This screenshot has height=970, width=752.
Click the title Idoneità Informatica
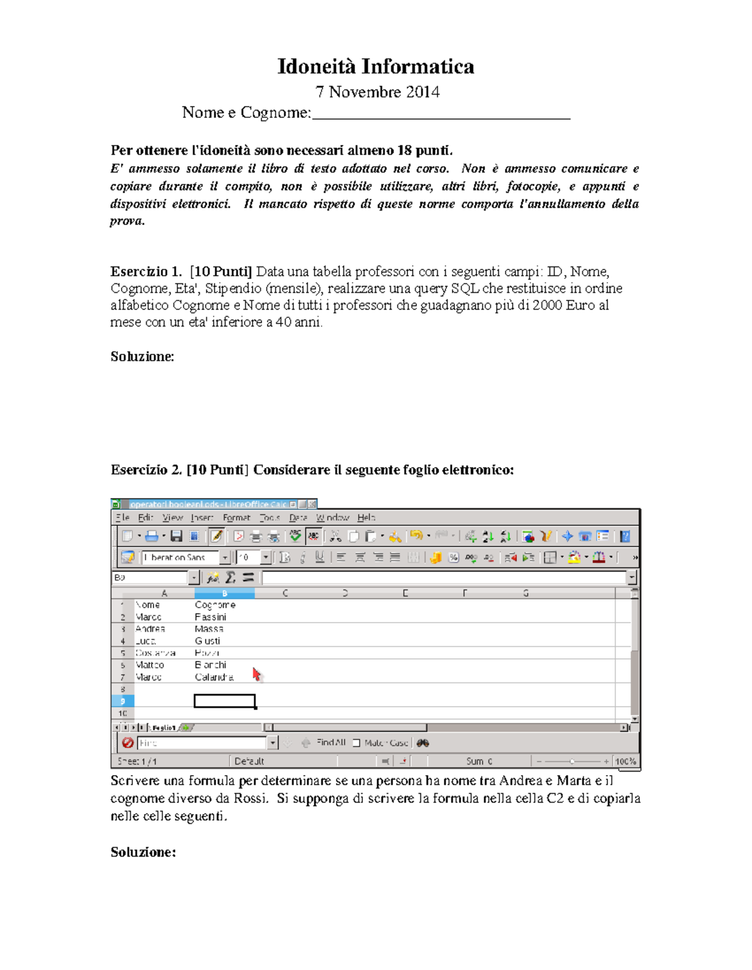point(375,66)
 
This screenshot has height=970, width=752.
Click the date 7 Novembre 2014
point(377,92)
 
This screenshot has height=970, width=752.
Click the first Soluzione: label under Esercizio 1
point(142,356)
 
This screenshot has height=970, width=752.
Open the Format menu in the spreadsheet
point(236,517)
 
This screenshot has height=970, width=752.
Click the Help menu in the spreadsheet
point(366,517)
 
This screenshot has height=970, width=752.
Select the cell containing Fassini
point(211,617)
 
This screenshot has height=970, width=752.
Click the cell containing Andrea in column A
point(150,629)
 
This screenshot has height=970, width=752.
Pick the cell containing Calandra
point(214,677)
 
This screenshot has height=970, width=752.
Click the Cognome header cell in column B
point(215,605)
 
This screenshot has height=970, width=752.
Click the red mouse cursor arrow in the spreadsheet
point(256,674)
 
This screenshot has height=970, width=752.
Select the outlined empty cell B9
point(224,701)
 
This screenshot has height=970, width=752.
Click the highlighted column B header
point(224,593)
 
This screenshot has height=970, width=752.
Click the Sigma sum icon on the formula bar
point(231,577)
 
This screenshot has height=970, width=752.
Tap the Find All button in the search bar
point(331,742)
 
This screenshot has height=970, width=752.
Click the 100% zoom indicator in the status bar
point(625,761)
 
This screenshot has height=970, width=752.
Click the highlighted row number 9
point(122,701)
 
